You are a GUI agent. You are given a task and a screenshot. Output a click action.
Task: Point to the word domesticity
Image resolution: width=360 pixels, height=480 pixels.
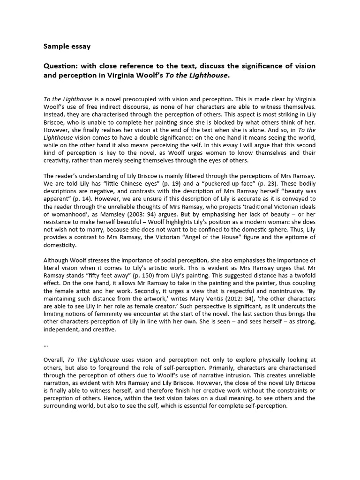point(60,245)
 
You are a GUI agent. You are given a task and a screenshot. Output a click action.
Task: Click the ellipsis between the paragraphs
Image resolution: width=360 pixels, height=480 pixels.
point(45,344)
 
